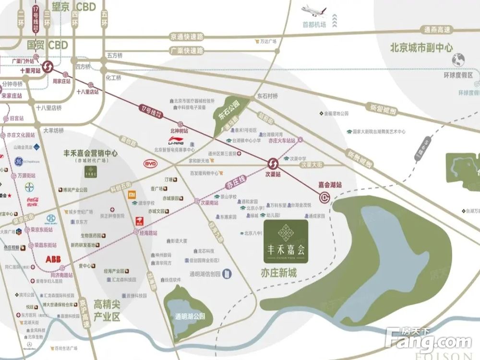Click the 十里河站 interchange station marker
pos(48,67)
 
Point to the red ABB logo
pos(54,259)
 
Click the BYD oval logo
pos(151,164)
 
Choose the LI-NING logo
pos(176,142)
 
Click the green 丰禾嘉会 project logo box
pos(286,242)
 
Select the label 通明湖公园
pos(190,316)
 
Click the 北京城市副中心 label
pos(421,48)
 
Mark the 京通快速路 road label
pos(187,36)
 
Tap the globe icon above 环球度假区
pos(458,60)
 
